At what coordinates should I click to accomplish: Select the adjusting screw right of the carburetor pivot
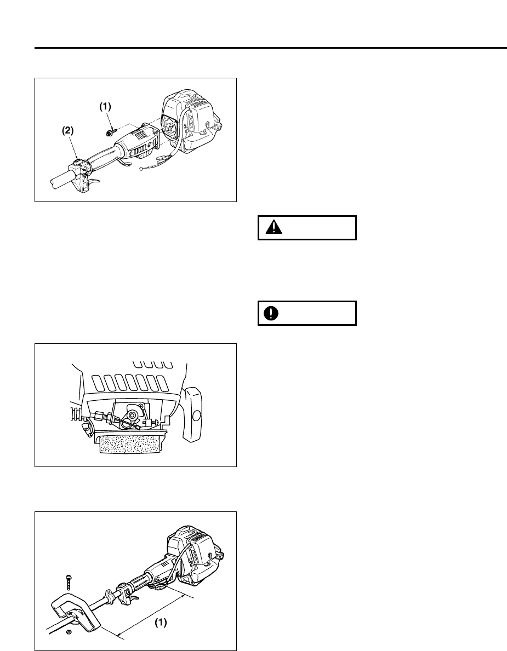[x=156, y=422]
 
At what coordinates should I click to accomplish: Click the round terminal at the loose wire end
[x=142, y=169]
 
